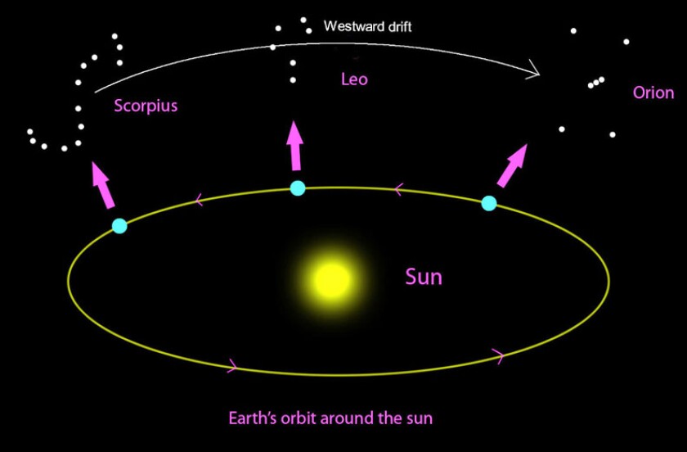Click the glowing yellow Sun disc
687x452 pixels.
pos(332,280)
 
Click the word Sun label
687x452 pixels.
pos(424,277)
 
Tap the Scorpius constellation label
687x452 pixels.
pos(146,106)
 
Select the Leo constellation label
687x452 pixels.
pos(354,79)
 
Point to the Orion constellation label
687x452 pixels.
pos(653,93)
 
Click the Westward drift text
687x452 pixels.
pos(368,27)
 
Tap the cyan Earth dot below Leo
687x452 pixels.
pos(298,188)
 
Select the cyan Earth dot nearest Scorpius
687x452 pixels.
pos(119,225)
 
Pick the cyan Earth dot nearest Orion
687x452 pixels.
pos(489,203)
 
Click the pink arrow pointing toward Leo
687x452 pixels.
pos(294,146)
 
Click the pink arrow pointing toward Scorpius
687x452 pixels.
pos(102,184)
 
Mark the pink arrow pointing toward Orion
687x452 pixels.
pos(512,166)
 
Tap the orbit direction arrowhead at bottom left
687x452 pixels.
pos(232,366)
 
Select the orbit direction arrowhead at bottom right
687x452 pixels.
pos(497,355)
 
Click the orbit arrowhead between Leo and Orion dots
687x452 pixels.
pos(398,190)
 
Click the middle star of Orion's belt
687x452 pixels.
pos(595,83)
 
